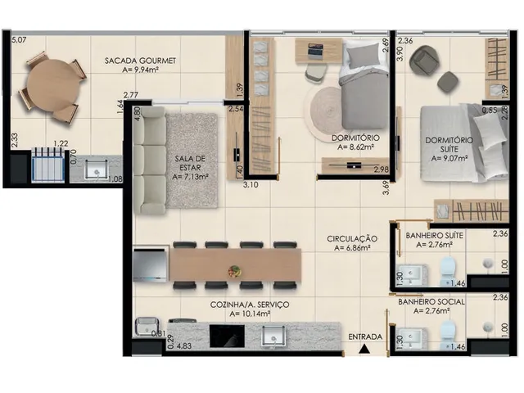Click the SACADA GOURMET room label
pyautogui.click(x=140, y=61)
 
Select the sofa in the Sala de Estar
pyautogui.click(x=149, y=160)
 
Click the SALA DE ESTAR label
pyautogui.click(x=190, y=163)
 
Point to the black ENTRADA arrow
pyautogui.click(x=364, y=350)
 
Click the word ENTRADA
pyautogui.click(x=365, y=337)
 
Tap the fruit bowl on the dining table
pyautogui.click(x=234, y=270)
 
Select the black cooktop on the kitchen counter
pyautogui.click(x=227, y=336)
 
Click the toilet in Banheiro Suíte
pyautogui.click(x=448, y=270)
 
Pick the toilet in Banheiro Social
pyautogui.click(x=448, y=335)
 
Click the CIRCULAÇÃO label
pyautogui.click(x=352, y=239)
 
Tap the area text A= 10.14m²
pyautogui.click(x=250, y=314)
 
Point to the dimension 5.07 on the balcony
pyautogui.click(x=19, y=40)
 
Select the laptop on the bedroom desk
pyautogui.click(x=315, y=49)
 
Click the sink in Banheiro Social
pyautogui.click(x=412, y=339)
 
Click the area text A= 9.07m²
pyautogui.click(x=449, y=158)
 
